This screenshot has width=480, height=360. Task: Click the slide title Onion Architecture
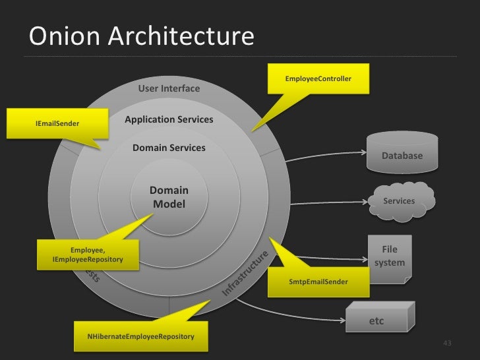(x=140, y=37)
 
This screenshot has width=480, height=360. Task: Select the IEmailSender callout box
(x=57, y=123)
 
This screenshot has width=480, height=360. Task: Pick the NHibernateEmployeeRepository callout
(x=140, y=337)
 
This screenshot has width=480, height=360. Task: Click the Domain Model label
(x=169, y=198)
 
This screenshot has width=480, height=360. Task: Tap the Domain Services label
(x=169, y=148)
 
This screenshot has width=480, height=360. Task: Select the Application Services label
(x=169, y=119)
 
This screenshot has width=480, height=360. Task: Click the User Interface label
(x=169, y=88)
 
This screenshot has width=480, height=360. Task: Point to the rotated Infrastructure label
(x=245, y=272)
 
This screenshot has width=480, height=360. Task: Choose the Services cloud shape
(x=400, y=199)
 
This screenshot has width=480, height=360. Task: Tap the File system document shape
(x=390, y=258)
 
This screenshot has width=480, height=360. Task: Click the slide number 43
(x=448, y=343)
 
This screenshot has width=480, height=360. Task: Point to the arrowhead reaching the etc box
(x=344, y=320)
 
